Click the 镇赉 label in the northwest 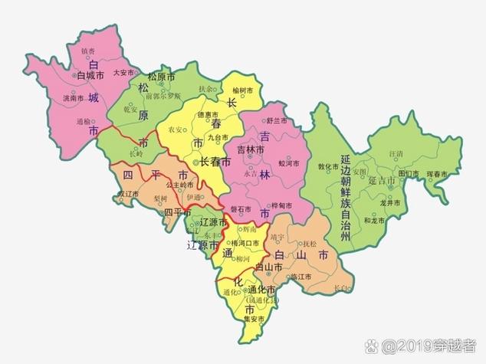click(89, 51)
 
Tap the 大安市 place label click(123, 73)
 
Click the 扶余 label click(207, 88)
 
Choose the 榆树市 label click(241, 91)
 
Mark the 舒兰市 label click(276, 121)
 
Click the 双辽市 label click(127, 194)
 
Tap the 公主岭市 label click(179, 185)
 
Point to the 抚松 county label click(308, 244)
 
